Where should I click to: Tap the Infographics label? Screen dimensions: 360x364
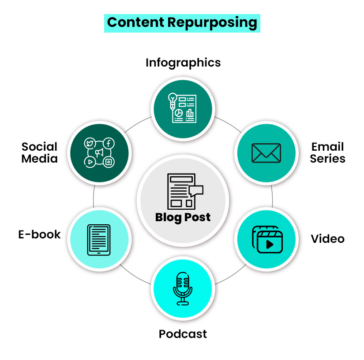tap(183, 63)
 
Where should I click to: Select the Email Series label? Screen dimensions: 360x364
tap(327, 152)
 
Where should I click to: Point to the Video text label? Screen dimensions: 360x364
tap(327, 239)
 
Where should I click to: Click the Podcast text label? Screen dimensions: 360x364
tap(183, 334)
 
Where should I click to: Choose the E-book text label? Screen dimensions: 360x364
tap(39, 234)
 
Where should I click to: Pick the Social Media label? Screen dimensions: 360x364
tap(39, 152)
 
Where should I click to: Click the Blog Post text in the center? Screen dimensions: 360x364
tap(183, 217)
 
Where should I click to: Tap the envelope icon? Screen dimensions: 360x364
tap(266, 153)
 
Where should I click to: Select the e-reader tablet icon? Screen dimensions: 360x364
tap(99, 239)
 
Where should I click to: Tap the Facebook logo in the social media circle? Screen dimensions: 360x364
tap(109, 143)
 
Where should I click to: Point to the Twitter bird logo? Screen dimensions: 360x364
tap(90, 144)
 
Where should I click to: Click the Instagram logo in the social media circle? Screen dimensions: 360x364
tap(109, 162)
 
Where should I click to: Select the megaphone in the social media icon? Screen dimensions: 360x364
tap(99, 153)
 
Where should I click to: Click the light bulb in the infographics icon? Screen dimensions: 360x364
tap(173, 99)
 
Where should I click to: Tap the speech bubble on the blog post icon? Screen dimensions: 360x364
tap(196, 191)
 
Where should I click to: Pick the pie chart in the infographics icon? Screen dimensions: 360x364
tap(179, 113)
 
